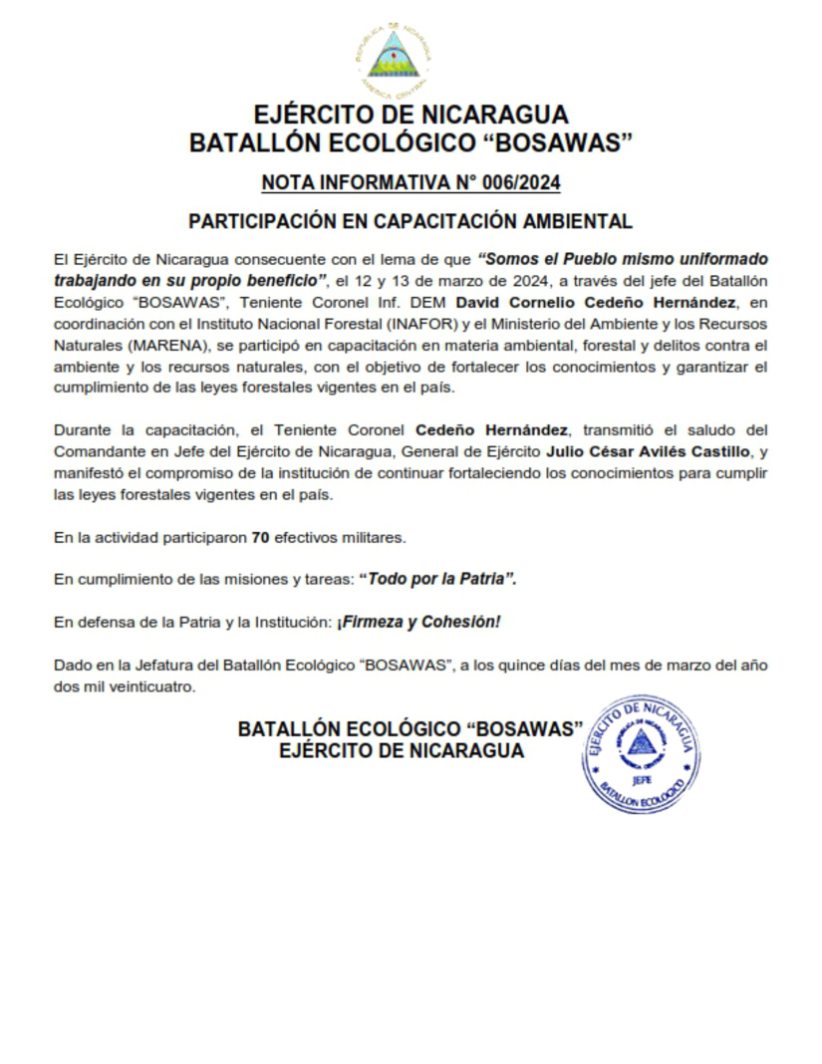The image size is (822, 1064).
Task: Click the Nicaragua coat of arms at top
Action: point(394,55)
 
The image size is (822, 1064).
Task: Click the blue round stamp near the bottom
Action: point(640,754)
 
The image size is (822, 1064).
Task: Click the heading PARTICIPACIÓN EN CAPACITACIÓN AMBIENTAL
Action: point(411,221)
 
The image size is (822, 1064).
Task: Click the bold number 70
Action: point(262,538)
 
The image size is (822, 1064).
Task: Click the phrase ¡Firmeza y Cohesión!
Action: point(418,621)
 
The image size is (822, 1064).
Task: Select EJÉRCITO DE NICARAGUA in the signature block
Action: point(402,751)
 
